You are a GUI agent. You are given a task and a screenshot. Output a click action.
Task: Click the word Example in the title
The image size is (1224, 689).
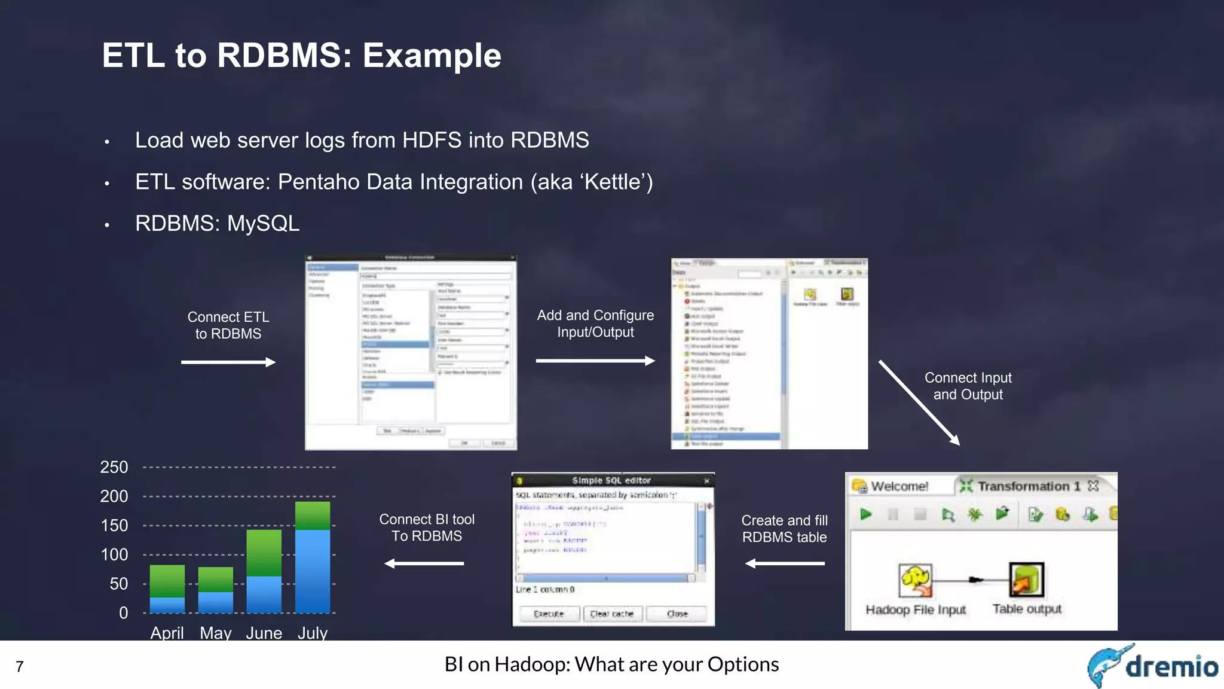(x=432, y=56)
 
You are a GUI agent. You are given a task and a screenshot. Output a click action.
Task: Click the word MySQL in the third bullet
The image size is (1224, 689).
(x=263, y=224)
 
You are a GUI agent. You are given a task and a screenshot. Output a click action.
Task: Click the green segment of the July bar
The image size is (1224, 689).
(x=313, y=516)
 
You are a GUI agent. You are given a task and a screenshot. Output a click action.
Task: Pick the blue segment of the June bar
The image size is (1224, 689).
(x=264, y=594)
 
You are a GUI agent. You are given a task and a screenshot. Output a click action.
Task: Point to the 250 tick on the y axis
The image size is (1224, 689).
(x=114, y=467)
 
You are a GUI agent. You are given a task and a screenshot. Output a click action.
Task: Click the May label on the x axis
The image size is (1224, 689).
(x=215, y=633)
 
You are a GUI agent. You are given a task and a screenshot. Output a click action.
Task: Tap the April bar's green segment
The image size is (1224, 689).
(x=167, y=581)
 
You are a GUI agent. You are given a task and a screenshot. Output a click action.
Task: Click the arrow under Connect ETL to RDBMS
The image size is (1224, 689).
(x=228, y=362)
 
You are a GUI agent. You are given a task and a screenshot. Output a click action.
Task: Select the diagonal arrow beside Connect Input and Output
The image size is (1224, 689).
(x=919, y=403)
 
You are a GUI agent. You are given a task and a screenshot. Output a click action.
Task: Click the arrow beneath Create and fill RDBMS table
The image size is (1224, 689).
(x=785, y=563)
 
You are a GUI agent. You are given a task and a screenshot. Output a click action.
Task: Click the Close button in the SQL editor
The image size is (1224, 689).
(x=677, y=614)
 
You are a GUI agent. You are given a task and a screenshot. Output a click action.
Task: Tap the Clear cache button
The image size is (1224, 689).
(x=611, y=614)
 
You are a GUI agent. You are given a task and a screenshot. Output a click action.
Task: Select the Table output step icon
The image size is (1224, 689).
(x=1026, y=580)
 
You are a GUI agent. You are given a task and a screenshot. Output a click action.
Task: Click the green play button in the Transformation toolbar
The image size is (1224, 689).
(x=865, y=514)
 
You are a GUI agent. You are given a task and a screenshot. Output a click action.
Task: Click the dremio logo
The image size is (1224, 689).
(x=1152, y=665)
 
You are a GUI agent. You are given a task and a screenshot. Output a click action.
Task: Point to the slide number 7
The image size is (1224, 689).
(x=20, y=666)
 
